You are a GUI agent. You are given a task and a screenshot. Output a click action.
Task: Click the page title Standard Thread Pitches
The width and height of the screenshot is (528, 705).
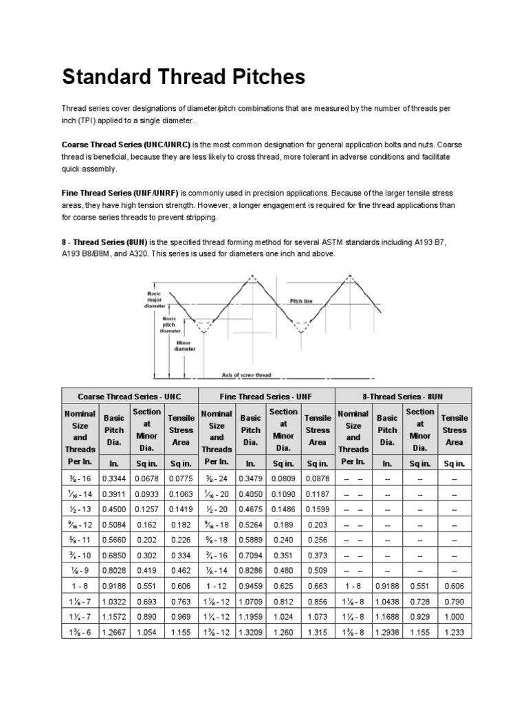(184, 76)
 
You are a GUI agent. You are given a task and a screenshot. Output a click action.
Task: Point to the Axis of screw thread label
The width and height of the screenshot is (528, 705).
(246, 375)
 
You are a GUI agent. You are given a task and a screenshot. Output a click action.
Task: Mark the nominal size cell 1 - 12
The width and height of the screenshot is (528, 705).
(217, 585)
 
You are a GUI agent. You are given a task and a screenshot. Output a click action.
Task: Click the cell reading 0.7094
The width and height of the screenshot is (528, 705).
(250, 554)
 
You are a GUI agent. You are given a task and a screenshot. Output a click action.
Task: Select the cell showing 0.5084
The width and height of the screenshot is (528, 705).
(113, 524)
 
